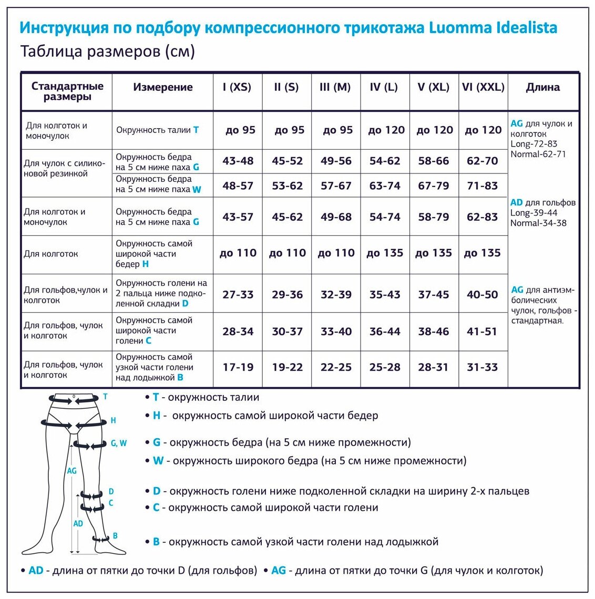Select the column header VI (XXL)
pos(483,87)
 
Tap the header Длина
pos(543,87)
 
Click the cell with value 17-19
pos(238,367)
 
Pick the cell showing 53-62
pos(287,185)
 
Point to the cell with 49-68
pos(336,216)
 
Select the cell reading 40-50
pos(482,295)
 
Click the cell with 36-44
pos(385,332)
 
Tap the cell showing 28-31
pos(433,367)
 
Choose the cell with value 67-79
pos(433,185)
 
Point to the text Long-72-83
pos(534,144)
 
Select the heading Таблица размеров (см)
pos(108,51)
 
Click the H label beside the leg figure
pos(113,420)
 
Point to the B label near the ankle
pos(115,536)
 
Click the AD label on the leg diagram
pos(78,523)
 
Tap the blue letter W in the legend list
pos(158,461)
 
